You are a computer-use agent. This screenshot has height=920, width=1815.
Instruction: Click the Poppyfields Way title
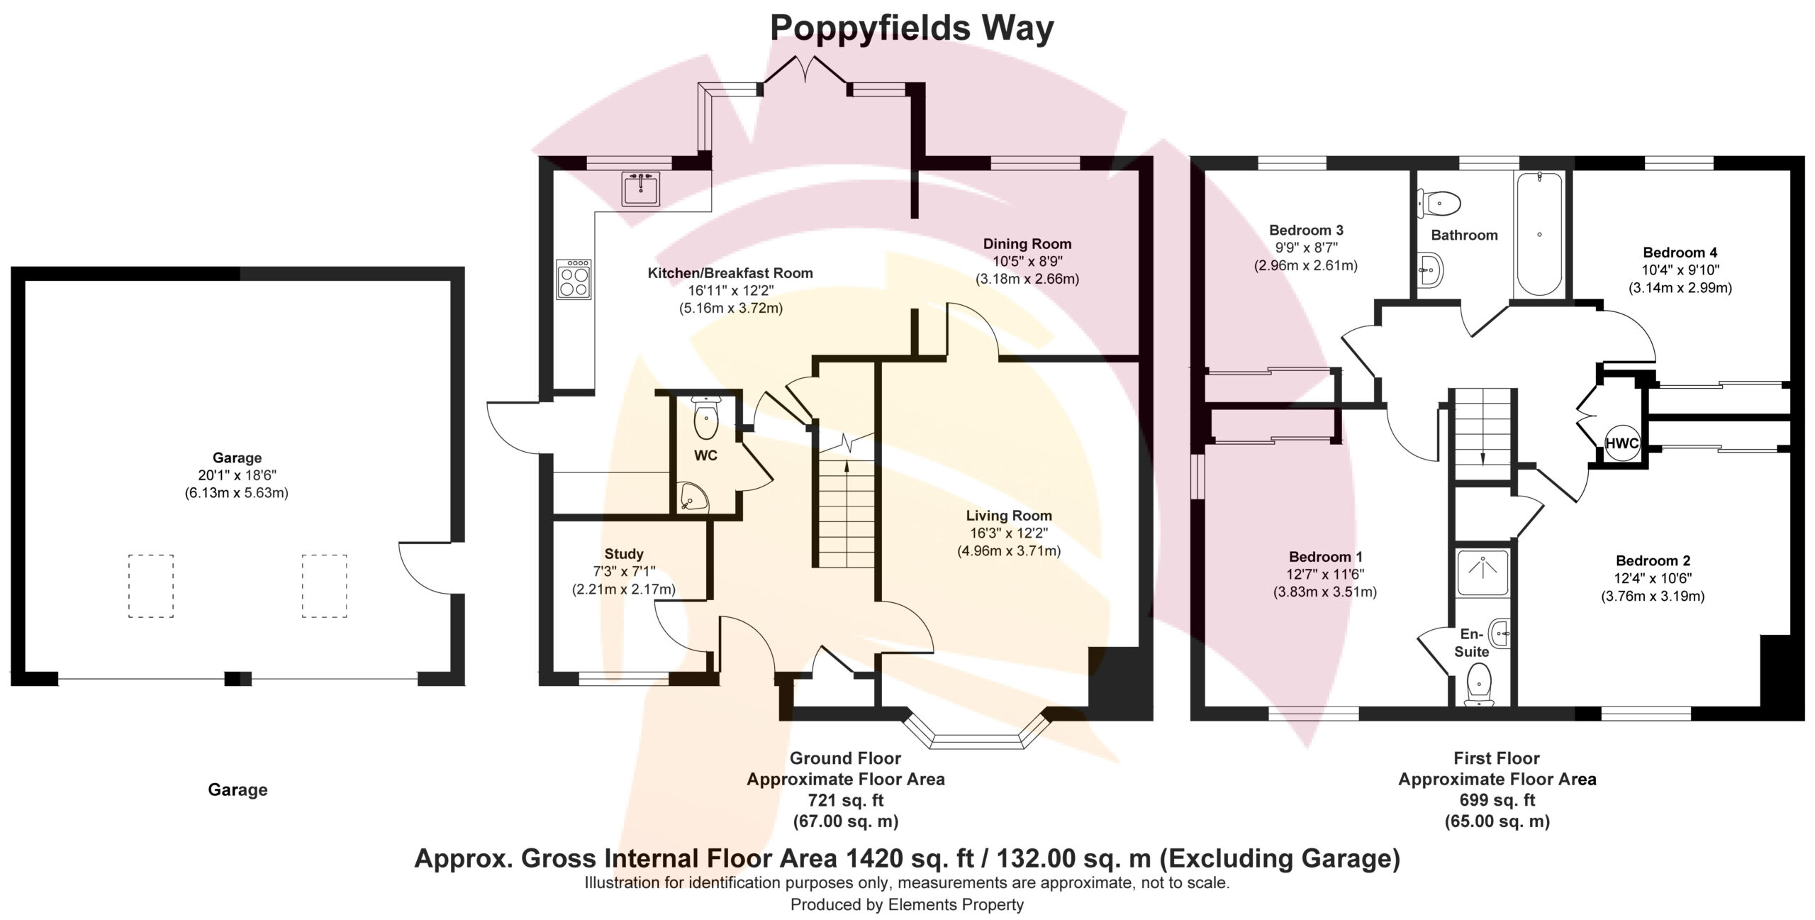click(x=912, y=29)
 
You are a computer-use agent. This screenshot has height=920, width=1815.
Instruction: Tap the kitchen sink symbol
click(x=641, y=189)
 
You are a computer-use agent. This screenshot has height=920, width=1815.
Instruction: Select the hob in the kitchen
click(x=574, y=279)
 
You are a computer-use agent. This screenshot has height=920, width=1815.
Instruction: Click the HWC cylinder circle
click(x=1621, y=444)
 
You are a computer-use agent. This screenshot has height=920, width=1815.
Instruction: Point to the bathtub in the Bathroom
click(x=1538, y=233)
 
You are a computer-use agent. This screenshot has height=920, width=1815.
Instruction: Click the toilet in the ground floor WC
click(x=705, y=419)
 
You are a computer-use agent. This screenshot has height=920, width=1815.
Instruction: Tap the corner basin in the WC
click(x=692, y=497)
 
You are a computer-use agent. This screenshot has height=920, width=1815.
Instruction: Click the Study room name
click(x=624, y=554)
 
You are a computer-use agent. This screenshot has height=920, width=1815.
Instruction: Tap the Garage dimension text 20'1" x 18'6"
click(x=237, y=475)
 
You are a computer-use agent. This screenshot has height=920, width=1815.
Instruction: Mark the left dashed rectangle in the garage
click(x=151, y=586)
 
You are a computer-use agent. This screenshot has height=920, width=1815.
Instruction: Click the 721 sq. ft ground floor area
click(x=846, y=800)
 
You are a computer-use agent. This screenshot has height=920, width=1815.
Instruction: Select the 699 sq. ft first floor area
click(x=1497, y=800)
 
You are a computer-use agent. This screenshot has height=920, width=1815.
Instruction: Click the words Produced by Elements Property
click(x=907, y=904)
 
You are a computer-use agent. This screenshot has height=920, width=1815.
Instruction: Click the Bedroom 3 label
click(x=1306, y=230)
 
